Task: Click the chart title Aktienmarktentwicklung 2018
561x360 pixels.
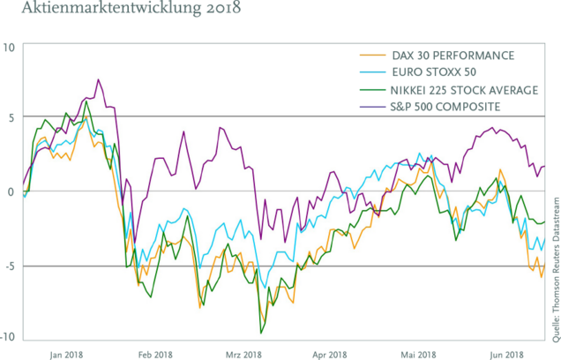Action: coord(115,11)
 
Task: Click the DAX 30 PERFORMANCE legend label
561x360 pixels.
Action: coord(453,56)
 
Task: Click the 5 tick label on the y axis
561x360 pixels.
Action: coord(10,117)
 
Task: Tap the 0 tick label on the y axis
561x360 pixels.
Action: coord(10,191)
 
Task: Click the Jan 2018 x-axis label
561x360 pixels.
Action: coord(67,355)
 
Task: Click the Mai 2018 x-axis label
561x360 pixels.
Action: coord(420,355)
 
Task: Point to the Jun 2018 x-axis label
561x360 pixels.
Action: coord(509,355)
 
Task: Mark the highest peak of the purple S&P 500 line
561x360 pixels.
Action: coord(98,80)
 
